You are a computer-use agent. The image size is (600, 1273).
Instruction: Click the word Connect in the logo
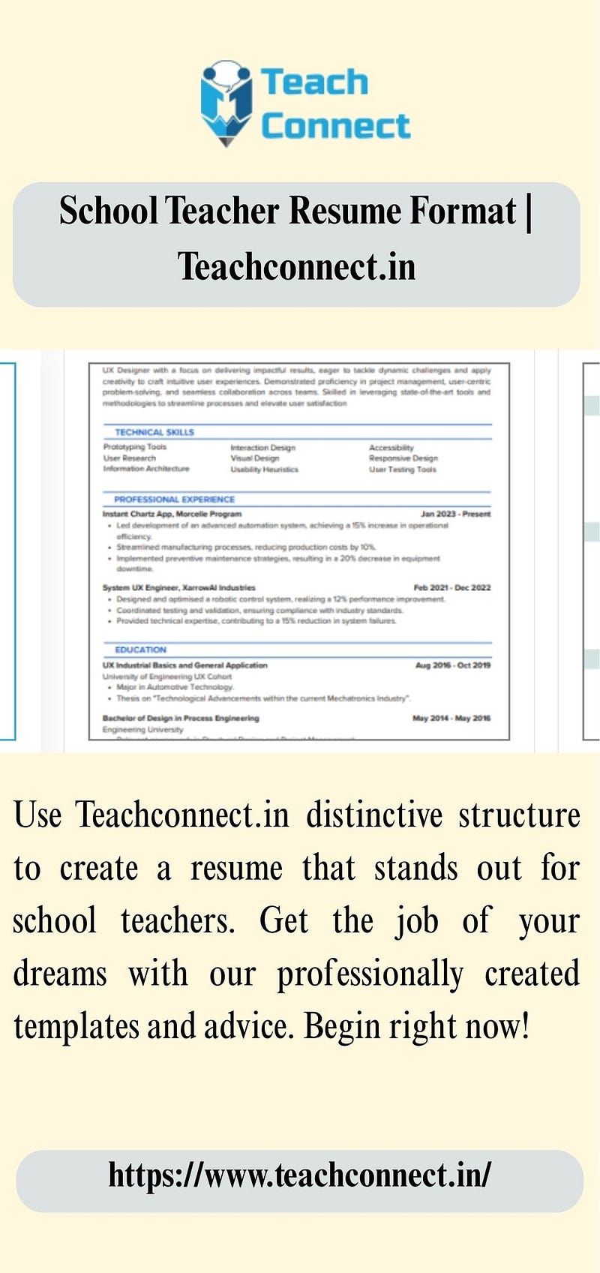point(335,126)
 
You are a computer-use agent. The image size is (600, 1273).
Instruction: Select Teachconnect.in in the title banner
point(296,267)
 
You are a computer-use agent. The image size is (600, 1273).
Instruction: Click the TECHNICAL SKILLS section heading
point(154,432)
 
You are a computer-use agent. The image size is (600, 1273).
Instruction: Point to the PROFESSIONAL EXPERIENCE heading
point(174,499)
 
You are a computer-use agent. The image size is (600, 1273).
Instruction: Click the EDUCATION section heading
point(140,650)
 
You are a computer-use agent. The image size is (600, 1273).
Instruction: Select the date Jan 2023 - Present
point(455,514)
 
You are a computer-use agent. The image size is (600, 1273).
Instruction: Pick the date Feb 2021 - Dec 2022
point(451,587)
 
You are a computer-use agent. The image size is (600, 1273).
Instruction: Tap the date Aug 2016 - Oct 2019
point(452,665)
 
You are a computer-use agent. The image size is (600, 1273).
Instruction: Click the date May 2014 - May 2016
point(451,718)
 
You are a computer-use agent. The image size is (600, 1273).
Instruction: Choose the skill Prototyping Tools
point(135,447)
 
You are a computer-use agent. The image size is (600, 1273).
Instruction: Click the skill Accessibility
point(391,448)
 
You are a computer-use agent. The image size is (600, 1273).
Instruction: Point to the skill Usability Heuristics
point(264,470)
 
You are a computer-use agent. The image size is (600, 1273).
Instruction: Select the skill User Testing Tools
point(402,470)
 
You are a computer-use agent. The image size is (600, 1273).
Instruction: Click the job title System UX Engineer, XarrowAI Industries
point(178,587)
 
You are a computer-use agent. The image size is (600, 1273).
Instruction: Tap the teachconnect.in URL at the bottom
point(299,1175)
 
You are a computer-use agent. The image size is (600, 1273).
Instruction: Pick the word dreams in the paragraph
point(60,974)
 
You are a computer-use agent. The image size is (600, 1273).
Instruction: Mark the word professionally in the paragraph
point(370,974)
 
